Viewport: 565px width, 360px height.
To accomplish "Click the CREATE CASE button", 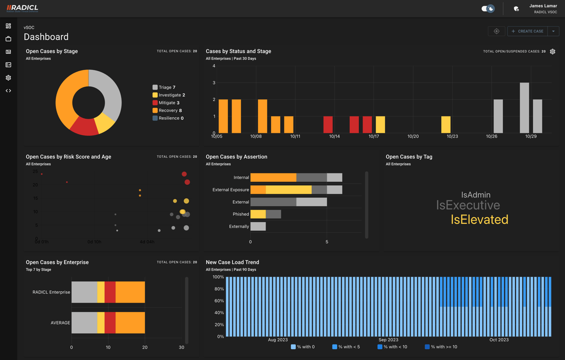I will [527, 31].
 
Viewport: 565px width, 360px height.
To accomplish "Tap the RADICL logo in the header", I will [23, 8].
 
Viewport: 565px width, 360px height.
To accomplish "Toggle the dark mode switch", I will [488, 8].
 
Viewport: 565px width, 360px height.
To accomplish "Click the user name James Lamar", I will [543, 6].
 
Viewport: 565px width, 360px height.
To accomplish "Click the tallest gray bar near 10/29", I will [524, 108].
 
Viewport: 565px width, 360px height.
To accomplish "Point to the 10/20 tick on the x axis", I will [413, 136].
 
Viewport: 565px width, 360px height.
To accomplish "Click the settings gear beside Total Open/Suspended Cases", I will [553, 51].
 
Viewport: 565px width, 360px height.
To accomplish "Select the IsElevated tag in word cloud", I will [479, 220].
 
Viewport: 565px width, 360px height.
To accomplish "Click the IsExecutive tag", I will [468, 205].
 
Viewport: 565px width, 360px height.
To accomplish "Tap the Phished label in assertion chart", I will [241, 214].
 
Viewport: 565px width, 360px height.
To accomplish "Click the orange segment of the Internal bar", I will [273, 178].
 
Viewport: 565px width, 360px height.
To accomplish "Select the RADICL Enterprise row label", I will [51, 292].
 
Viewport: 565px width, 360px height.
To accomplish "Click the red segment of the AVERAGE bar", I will [110, 323].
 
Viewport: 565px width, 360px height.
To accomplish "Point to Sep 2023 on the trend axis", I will [388, 340].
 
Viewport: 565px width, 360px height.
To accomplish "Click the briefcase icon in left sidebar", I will [8, 39].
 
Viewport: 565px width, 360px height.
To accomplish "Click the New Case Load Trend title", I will [232, 262].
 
